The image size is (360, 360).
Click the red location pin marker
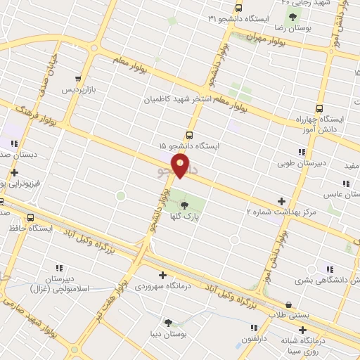(181, 165)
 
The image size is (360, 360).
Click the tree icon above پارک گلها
(184, 205)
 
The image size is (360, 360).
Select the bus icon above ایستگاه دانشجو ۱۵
(189, 134)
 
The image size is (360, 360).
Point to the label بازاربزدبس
(78, 91)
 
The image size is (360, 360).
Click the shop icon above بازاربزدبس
(78, 79)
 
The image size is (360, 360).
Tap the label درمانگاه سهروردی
(163, 287)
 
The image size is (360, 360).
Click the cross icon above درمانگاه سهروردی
(163, 276)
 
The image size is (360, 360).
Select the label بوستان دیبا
(167, 335)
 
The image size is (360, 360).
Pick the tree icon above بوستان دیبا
(167, 323)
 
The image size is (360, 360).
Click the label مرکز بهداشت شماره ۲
(281, 212)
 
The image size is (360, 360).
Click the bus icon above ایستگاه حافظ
(30, 217)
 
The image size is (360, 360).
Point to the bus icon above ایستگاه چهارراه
(320, 108)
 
